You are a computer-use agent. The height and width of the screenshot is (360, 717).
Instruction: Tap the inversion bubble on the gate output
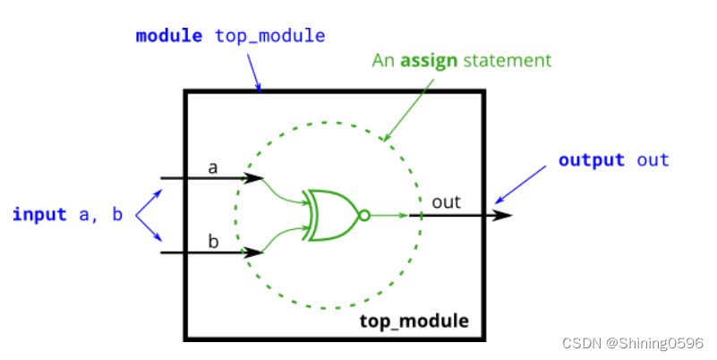363,215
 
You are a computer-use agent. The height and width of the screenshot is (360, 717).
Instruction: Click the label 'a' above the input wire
213,167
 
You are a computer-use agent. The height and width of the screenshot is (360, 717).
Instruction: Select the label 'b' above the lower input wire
213,242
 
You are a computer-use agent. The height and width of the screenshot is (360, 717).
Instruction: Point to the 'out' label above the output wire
446,202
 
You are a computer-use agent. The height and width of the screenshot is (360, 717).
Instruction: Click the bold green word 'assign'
429,61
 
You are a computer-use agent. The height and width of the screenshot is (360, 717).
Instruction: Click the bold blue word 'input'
39,214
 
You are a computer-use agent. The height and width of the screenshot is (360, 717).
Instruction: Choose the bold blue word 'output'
591,160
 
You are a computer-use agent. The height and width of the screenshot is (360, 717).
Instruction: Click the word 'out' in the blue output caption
653,160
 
